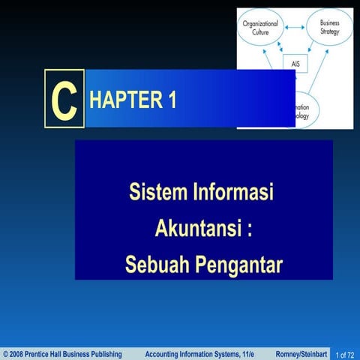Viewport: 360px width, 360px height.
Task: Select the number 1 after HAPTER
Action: [x=172, y=100]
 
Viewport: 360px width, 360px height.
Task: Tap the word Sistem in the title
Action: [x=157, y=192]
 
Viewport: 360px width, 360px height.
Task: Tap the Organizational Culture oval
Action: [x=259, y=28]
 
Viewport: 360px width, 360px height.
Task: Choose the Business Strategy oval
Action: [x=328, y=27]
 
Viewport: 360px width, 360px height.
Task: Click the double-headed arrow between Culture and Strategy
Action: [x=295, y=28]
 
